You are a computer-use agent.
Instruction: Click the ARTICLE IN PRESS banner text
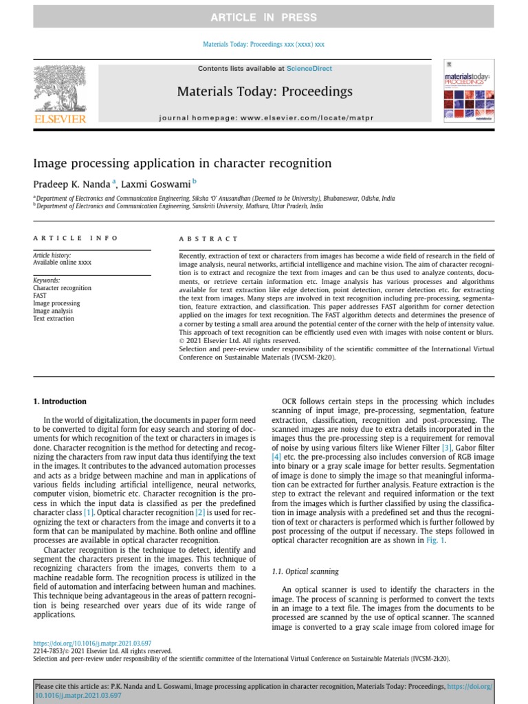[x=264, y=17]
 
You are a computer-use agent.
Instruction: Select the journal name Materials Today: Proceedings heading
[x=265, y=91]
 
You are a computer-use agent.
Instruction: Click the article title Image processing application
[x=182, y=164]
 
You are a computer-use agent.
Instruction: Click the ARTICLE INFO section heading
[x=76, y=238]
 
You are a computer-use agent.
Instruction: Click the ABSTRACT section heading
[x=208, y=239]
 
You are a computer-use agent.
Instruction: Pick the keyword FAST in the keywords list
[x=41, y=296]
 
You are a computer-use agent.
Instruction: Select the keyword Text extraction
[x=53, y=318]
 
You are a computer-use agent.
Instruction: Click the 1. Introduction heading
[x=60, y=401]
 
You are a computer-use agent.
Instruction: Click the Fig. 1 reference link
[x=435, y=540]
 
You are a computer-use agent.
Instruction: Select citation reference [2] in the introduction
[x=199, y=513]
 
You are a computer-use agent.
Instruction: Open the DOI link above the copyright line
[x=92, y=643]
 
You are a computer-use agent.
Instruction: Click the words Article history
[x=52, y=255]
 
